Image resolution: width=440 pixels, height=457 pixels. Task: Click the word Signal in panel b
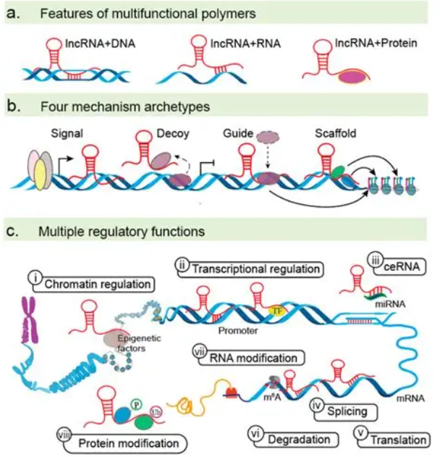tap(68, 135)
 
